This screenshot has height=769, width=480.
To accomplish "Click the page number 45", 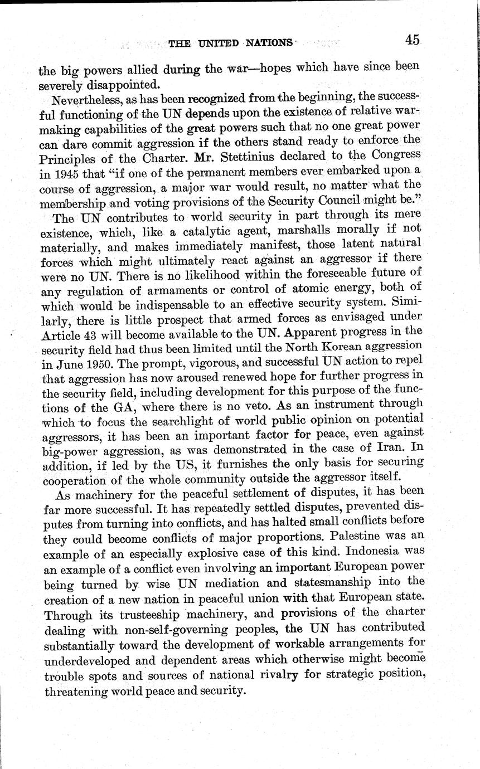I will [x=413, y=40].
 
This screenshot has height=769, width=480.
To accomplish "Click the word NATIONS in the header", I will [x=266, y=42].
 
